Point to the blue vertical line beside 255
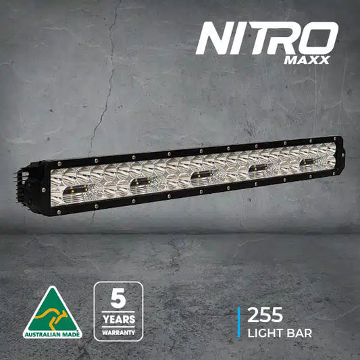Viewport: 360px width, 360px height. click(239, 321)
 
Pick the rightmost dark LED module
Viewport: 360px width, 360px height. click(309, 163)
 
